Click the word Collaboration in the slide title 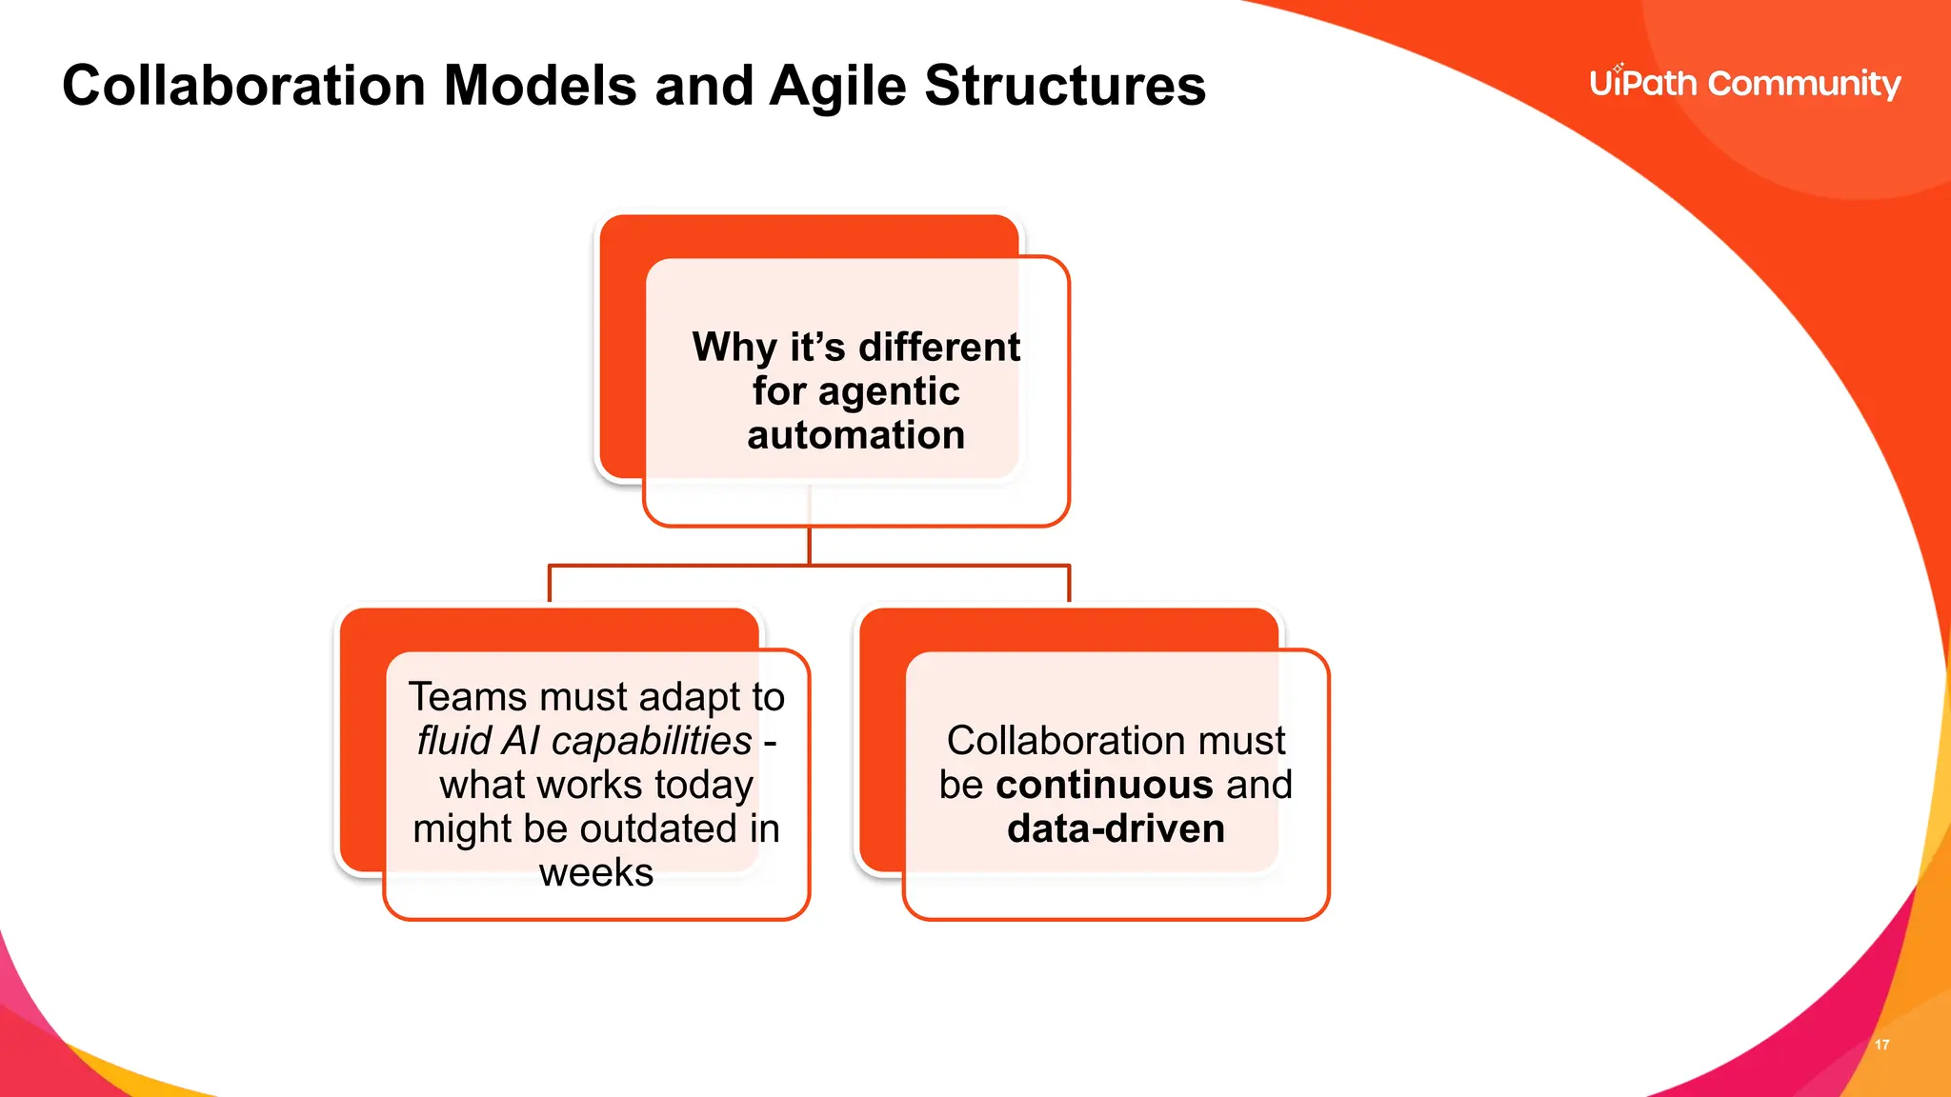244,86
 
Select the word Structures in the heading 1064,86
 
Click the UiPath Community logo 1744,84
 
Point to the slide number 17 1881,1045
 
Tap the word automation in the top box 855,435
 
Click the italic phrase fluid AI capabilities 584,741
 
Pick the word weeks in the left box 596,872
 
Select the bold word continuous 1103,785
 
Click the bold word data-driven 1116,828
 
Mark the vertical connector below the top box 810,546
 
